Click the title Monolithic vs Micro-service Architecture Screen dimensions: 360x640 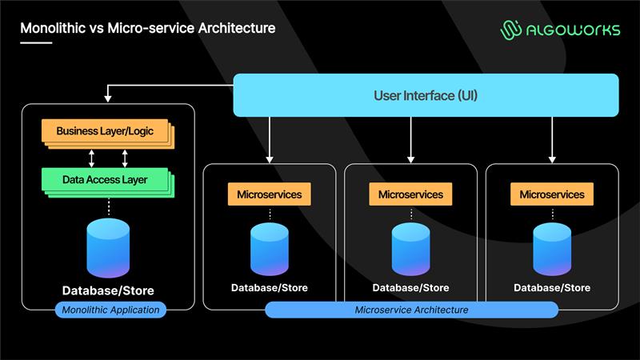tap(148, 28)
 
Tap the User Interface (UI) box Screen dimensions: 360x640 tap(426, 95)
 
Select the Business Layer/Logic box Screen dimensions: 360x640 tap(105, 131)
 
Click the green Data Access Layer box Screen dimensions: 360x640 tap(105, 180)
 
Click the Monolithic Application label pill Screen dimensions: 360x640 tap(110, 310)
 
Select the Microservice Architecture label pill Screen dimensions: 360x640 tap(411, 310)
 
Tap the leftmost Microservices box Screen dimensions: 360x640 tap(269, 194)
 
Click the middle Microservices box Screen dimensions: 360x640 tap(410, 194)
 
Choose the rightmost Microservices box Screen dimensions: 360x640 tap(552, 194)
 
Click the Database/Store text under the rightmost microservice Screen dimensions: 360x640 tap(552, 288)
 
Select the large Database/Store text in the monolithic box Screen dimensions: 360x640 tap(108, 290)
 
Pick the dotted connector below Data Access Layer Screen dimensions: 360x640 tap(107, 207)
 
